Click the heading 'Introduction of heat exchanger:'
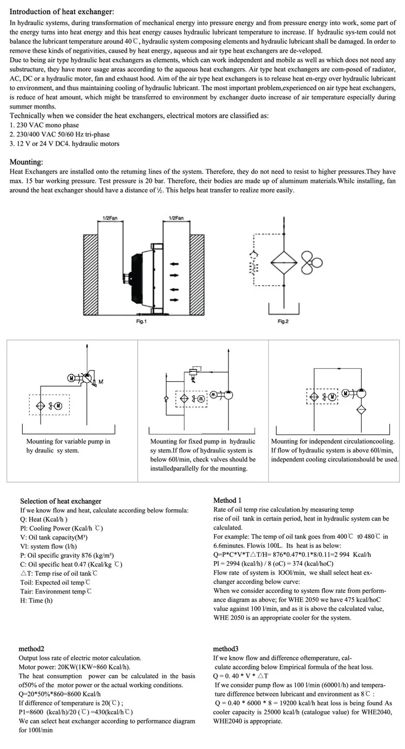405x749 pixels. coord(62,12)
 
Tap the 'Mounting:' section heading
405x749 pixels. coord(26,162)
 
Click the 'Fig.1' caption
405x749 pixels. coord(141,321)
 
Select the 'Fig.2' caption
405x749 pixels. coord(283,321)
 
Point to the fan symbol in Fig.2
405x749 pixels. coord(312,263)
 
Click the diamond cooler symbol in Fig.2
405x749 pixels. coord(283,262)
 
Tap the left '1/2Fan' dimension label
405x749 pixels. coord(110,218)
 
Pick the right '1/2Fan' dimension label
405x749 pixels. coord(176,218)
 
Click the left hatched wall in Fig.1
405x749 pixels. coord(91,274)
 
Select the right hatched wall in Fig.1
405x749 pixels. coord(197,274)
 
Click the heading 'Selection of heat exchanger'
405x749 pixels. coord(60,501)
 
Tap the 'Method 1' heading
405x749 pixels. coord(227,500)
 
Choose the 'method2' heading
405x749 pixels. coord(31,649)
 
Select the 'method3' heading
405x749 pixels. coord(226,649)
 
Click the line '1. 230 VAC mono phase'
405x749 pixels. coord(44,125)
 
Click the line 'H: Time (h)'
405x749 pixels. coord(36,600)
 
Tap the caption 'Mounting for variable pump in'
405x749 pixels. coord(68,441)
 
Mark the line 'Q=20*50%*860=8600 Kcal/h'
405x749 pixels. coord(59,694)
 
